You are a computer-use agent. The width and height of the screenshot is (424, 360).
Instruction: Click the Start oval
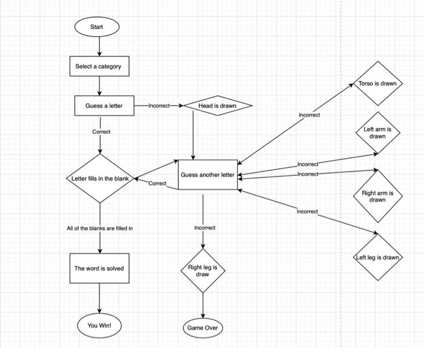[97, 27]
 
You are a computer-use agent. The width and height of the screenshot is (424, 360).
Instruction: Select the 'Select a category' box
[98, 66]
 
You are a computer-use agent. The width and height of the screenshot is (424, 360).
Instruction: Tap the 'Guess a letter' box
[104, 105]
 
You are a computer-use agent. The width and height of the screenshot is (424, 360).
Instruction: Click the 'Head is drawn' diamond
[217, 105]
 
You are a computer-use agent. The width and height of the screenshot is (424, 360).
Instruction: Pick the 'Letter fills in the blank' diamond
[100, 179]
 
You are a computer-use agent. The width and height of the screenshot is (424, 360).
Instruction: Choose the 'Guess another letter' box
[207, 175]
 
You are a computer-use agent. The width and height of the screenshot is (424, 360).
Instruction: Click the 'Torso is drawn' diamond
[377, 83]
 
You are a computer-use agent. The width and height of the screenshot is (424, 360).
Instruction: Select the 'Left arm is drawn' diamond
[377, 133]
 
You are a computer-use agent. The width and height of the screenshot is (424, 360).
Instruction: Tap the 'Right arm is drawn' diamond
[377, 196]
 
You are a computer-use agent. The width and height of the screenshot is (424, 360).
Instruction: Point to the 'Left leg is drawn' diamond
[377, 257]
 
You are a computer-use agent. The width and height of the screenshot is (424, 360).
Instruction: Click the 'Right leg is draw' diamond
[202, 271]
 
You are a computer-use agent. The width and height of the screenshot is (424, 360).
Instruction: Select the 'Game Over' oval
[202, 328]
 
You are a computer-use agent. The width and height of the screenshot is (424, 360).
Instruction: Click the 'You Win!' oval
[99, 325]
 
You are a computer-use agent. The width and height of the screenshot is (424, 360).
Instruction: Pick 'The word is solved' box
[99, 268]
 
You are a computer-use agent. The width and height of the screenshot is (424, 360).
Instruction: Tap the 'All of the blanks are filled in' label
[99, 228]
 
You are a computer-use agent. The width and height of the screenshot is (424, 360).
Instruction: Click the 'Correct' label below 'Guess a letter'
[101, 132]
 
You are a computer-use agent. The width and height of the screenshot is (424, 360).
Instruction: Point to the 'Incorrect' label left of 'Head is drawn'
[159, 105]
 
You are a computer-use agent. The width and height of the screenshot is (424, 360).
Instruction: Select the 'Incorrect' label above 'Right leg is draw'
[204, 228]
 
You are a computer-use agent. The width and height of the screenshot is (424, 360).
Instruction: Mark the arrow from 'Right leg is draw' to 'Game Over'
[202, 305]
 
